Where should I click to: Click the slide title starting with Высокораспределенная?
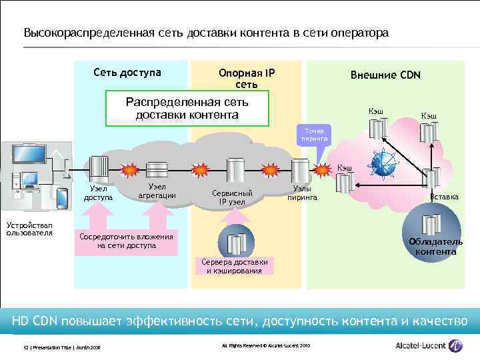click(x=205, y=33)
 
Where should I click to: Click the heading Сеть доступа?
click(x=127, y=72)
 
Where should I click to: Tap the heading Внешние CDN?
click(x=385, y=75)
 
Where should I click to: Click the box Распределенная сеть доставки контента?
click(x=187, y=109)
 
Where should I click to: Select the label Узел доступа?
click(x=98, y=193)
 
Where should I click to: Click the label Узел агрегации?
click(x=157, y=191)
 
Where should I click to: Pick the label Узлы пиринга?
click(x=303, y=193)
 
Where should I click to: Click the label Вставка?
click(x=444, y=197)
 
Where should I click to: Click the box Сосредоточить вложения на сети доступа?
click(x=126, y=241)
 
